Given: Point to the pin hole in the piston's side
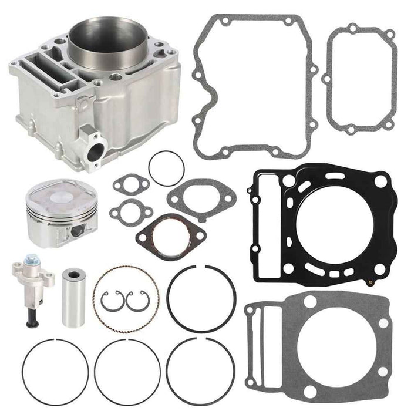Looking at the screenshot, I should pyautogui.click(x=76, y=231).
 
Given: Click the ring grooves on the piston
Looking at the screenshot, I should pyautogui.click(x=53, y=217).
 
